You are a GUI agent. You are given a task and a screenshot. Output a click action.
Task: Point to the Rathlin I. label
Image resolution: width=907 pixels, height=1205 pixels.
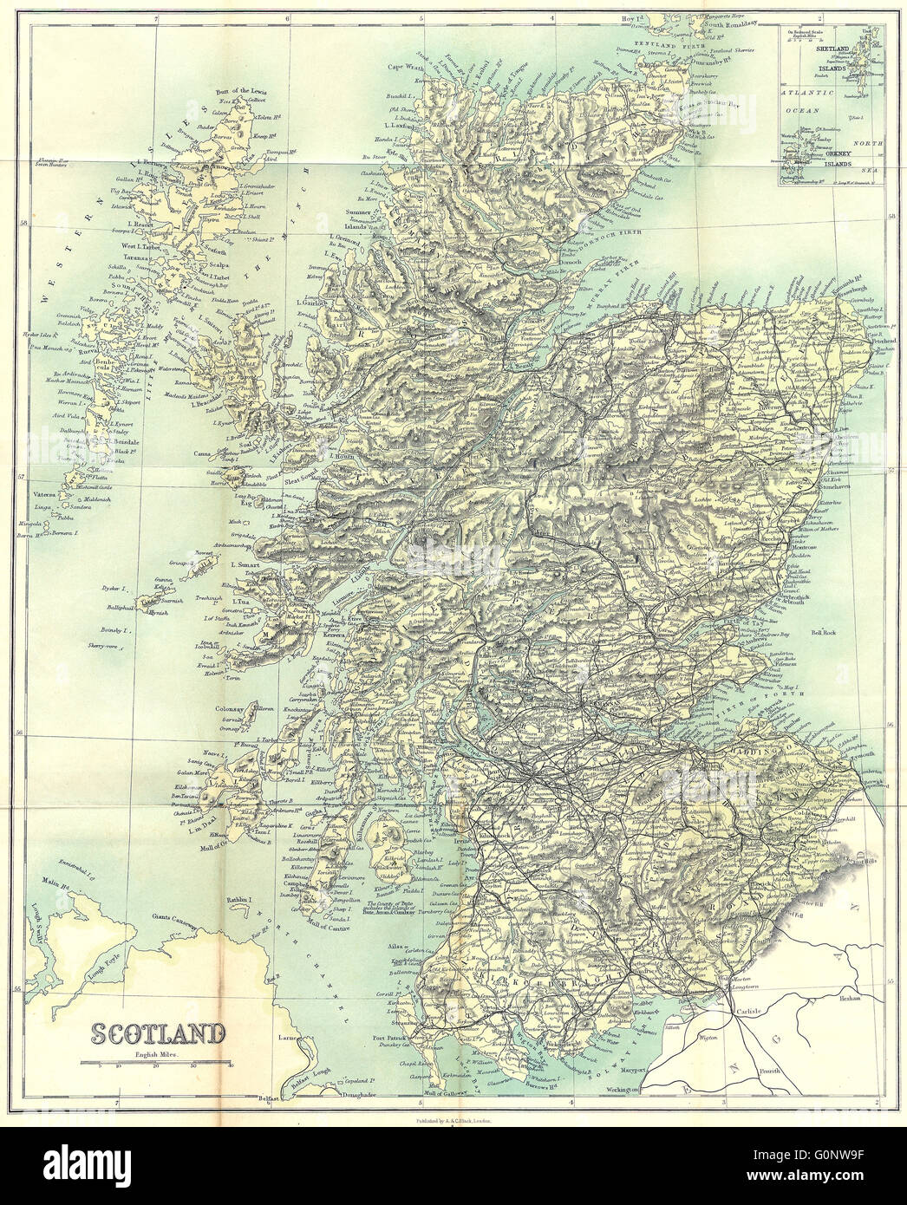[x=238, y=899]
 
